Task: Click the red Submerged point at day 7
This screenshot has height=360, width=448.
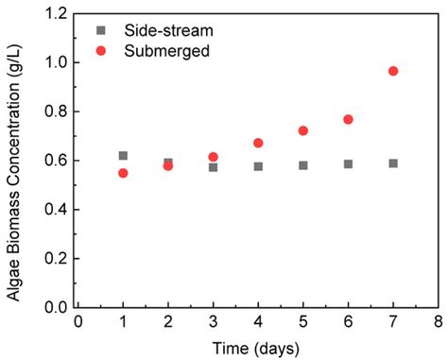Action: tap(393, 71)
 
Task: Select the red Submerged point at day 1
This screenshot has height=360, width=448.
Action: tap(123, 173)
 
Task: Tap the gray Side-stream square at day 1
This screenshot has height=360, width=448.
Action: tap(123, 155)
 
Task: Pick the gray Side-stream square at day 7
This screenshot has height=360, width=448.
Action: tap(393, 163)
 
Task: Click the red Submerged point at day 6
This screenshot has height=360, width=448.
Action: tap(348, 119)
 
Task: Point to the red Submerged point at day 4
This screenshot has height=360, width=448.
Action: tap(258, 143)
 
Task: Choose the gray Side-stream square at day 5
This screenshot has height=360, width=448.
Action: tap(303, 165)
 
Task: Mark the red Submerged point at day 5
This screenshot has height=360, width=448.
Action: tap(303, 130)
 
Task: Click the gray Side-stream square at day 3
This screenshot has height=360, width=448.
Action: tap(214, 167)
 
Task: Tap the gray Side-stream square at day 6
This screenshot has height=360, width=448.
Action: tap(348, 164)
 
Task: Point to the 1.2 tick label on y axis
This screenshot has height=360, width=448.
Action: tap(55, 14)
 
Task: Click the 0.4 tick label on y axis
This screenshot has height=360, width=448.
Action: tap(55, 210)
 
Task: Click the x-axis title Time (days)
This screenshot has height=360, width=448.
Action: tap(257, 347)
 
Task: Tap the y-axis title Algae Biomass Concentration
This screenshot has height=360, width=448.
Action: tap(17, 161)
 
